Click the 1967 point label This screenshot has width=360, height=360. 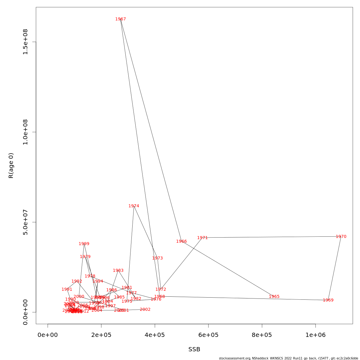[x=121, y=19]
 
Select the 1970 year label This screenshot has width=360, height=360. [x=341, y=237]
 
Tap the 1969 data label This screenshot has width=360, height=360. [x=328, y=300]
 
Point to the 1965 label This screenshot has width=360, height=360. [x=274, y=297]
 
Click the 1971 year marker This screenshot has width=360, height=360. [x=202, y=238]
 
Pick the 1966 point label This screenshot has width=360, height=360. [x=181, y=241]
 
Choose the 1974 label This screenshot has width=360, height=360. [x=134, y=206]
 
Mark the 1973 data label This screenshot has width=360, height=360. [x=157, y=258]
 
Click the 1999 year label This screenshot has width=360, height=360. [x=84, y=244]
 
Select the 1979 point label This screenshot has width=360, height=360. [x=85, y=257]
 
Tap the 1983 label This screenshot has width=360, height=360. [x=118, y=271]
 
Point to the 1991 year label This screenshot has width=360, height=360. [x=67, y=289]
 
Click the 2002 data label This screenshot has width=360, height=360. [x=145, y=310]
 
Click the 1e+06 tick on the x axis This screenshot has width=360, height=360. [x=315, y=335]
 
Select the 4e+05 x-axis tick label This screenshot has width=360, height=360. [x=155, y=335]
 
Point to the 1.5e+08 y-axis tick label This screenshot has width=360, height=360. [x=25, y=42]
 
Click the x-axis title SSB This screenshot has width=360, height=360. [x=194, y=349]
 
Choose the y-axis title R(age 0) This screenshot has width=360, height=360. [x=11, y=166]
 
